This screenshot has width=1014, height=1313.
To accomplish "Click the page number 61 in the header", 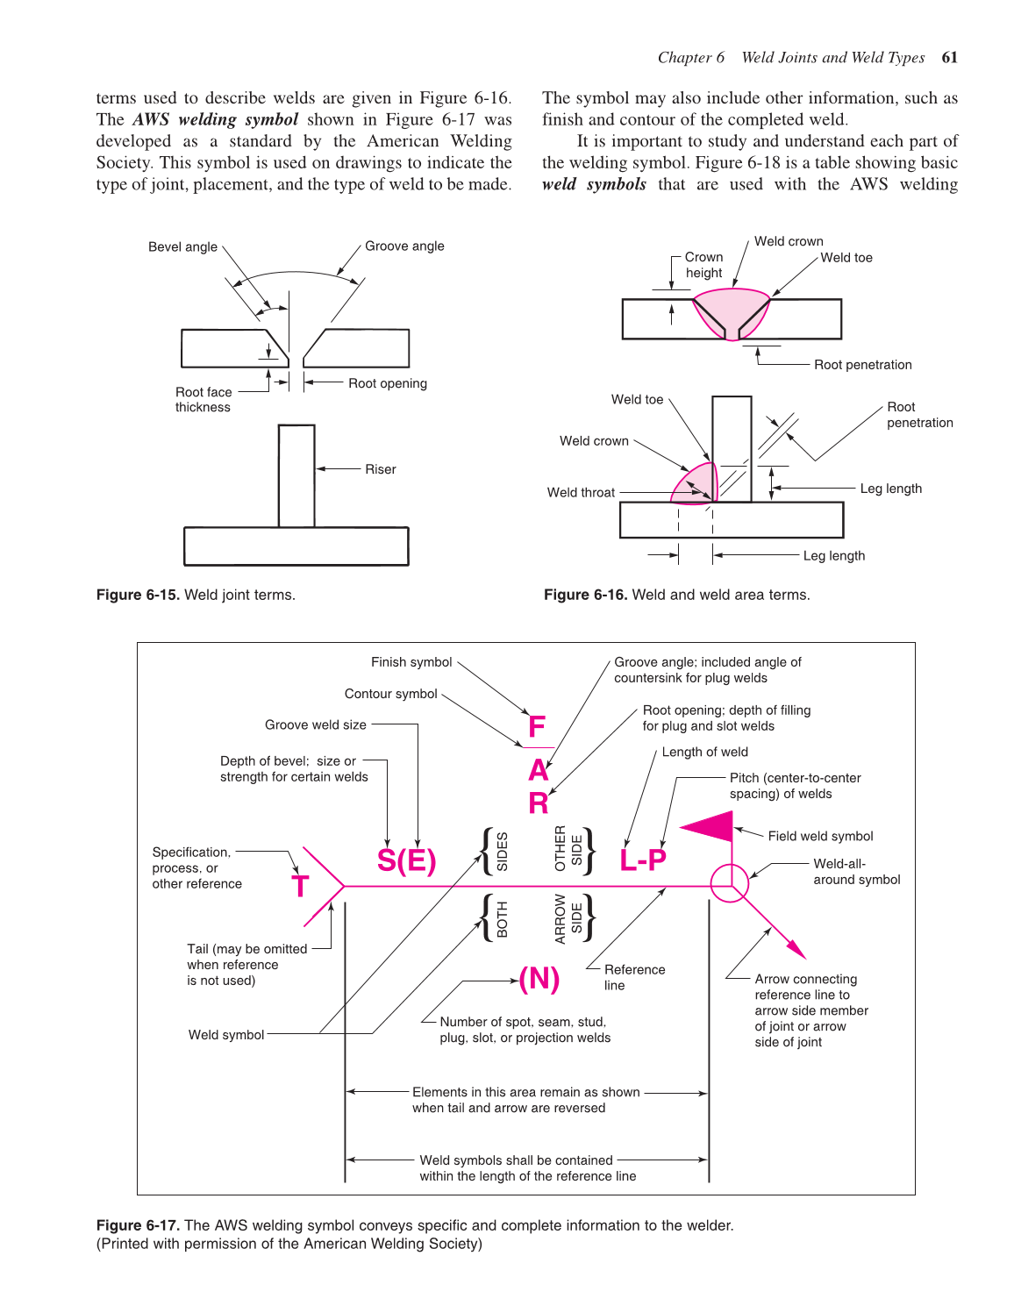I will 949,58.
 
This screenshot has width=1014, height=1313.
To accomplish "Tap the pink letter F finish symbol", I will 537,727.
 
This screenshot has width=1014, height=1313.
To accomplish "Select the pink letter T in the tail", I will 300,887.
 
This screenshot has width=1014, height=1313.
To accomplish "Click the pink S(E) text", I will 406,860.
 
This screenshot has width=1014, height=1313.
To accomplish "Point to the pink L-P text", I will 642,860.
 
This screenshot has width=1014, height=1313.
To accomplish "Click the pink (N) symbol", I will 539,978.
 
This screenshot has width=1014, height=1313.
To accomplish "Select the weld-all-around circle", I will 729,883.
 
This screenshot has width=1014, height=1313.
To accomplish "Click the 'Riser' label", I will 380,469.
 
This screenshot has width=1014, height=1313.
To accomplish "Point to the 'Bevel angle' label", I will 182,247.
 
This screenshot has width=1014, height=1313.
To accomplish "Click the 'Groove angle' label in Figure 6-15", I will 404,246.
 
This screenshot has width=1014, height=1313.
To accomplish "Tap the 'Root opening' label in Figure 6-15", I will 387,383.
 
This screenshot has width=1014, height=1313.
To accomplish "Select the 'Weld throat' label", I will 581,493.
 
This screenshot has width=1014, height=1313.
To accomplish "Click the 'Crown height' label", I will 703,265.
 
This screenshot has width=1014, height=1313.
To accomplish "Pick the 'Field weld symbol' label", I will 820,837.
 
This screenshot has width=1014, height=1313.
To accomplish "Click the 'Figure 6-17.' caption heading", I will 138,1225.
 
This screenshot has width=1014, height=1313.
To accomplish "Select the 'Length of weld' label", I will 704,753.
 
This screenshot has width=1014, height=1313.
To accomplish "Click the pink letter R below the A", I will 538,803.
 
